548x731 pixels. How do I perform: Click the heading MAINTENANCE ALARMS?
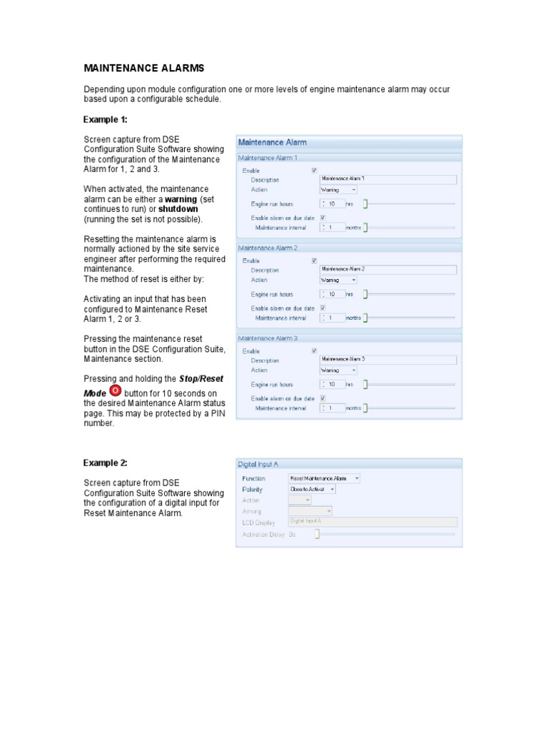144,68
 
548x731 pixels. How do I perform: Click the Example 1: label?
105,119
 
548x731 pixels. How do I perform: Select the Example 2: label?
105,463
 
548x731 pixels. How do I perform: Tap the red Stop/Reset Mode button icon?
116,392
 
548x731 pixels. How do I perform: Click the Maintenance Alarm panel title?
272,142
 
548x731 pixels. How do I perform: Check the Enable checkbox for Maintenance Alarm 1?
314,171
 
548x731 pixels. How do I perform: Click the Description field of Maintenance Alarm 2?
387,269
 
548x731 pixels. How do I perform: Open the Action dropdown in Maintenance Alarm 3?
338,370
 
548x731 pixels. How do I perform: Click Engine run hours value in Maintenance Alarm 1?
333,203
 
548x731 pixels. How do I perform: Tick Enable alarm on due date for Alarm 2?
323,308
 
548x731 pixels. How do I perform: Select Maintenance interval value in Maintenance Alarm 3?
333,408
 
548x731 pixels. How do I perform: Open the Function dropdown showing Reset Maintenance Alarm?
324,478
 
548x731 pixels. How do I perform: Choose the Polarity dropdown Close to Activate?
312,490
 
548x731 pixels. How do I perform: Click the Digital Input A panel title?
258,464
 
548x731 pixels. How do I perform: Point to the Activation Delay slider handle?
317,534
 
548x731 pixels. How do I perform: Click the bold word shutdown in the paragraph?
178,209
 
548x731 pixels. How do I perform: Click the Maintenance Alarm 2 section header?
268,248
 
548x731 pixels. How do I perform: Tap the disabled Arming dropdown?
310,511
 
